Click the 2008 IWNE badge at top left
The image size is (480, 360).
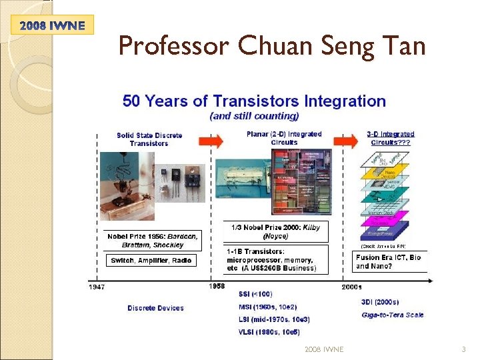(x=52, y=25)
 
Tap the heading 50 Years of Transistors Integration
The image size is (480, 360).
(x=254, y=101)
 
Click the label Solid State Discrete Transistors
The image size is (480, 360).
(x=149, y=139)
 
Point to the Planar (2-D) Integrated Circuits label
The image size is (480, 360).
(x=284, y=138)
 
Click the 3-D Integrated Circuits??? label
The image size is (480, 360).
(x=391, y=138)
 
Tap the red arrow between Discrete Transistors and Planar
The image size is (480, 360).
(x=212, y=141)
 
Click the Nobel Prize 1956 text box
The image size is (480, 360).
(x=153, y=241)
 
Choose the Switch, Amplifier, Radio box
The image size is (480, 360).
(x=151, y=260)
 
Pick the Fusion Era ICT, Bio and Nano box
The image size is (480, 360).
(x=389, y=261)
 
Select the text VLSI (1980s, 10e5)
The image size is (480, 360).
(x=269, y=332)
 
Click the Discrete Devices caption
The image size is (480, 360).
(x=155, y=308)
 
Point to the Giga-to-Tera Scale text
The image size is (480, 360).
(x=392, y=315)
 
